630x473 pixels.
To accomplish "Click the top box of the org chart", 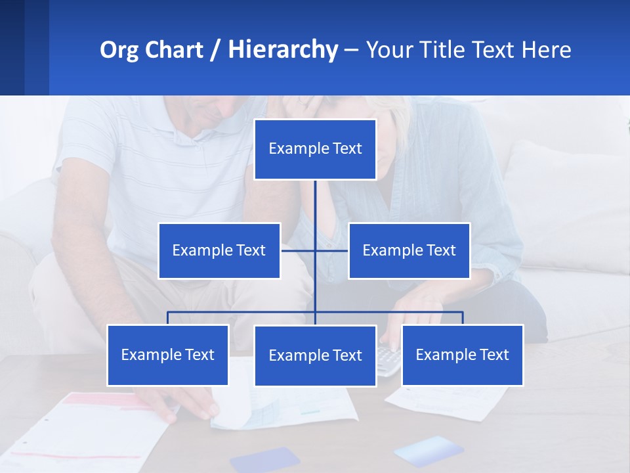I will pyautogui.click(x=315, y=149).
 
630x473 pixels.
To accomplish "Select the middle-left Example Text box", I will pyautogui.click(x=219, y=250).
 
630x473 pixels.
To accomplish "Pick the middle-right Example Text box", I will pyautogui.click(x=409, y=250).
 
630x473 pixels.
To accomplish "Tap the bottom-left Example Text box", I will pyautogui.click(x=168, y=355).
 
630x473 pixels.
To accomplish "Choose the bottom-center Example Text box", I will pyautogui.click(x=315, y=355).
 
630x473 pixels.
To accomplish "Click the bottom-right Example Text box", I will pyautogui.click(x=462, y=355).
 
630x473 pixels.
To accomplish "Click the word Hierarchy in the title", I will pyautogui.click(x=283, y=50).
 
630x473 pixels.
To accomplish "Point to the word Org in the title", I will pyautogui.click(x=119, y=50).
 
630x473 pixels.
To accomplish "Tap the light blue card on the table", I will pyautogui.click(x=427, y=451).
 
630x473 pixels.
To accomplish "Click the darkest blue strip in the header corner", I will pyautogui.click(x=12, y=47).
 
